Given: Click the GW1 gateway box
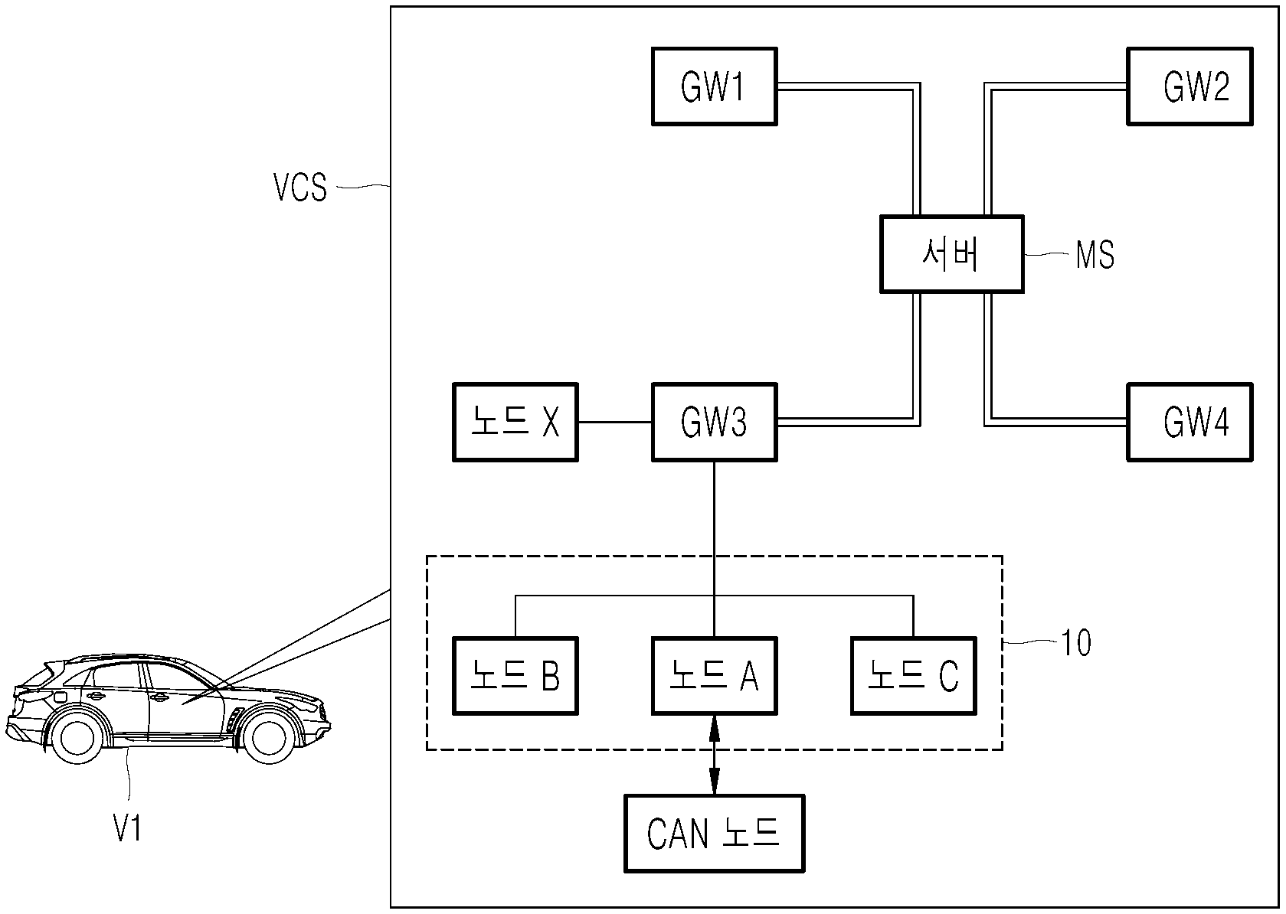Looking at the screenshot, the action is (x=714, y=87).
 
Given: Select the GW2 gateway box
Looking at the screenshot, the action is (x=1189, y=87).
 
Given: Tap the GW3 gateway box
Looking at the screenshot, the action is (x=714, y=423).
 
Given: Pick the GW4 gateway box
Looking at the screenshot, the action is (x=1189, y=423).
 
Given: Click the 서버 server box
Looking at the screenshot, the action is (x=952, y=254).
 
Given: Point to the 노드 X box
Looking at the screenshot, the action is (x=515, y=423).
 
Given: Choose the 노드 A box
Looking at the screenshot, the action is (x=714, y=676).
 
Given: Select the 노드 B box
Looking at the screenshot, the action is (x=515, y=676).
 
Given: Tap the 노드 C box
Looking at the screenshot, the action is (x=914, y=676).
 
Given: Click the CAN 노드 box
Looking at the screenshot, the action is (x=714, y=834).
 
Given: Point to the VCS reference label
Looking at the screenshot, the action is (x=299, y=187).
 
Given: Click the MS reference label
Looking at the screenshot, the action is (x=1095, y=255).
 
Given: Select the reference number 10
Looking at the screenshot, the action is (x=1076, y=642).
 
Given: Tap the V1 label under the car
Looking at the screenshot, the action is (x=127, y=828).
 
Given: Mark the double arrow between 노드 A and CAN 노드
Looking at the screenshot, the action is (x=714, y=755).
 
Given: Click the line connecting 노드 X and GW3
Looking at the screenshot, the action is (x=615, y=423).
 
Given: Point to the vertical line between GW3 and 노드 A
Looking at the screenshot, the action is (x=714, y=549).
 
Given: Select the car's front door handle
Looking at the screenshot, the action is (x=159, y=698).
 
